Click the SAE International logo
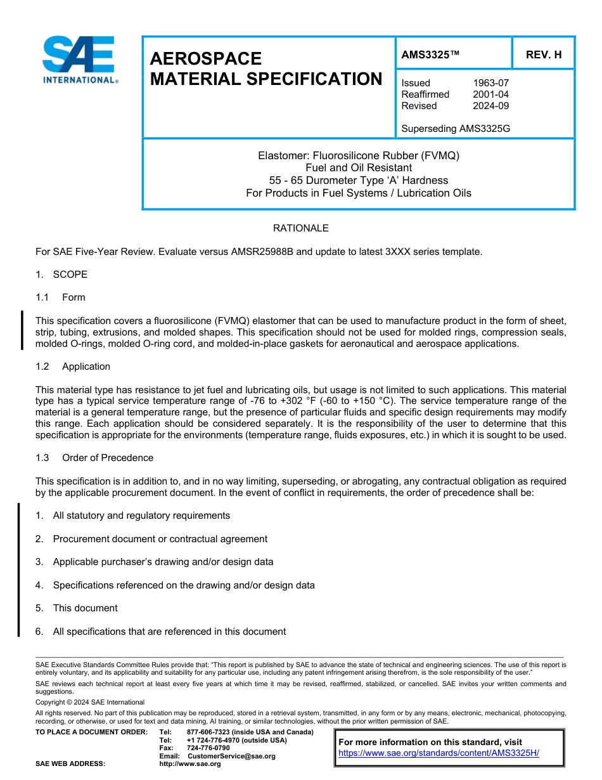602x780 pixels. (x=79, y=60)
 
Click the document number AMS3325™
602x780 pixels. (x=430, y=55)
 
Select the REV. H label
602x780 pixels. (x=543, y=55)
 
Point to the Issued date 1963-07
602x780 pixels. (x=490, y=83)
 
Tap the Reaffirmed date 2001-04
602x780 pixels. (x=490, y=94)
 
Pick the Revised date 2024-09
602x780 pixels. (x=490, y=106)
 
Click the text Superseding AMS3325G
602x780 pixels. (x=456, y=129)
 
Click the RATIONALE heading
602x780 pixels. (x=300, y=228)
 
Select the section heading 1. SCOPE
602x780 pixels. (x=61, y=275)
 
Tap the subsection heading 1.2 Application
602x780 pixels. (x=73, y=367)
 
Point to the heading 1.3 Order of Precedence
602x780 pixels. (x=94, y=458)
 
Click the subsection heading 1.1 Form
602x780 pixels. (x=60, y=297)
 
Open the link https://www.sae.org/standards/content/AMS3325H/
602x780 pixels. (x=439, y=753)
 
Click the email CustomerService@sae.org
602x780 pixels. (x=231, y=756)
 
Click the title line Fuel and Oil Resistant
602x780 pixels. (x=358, y=168)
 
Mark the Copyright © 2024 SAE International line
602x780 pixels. (x=90, y=702)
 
